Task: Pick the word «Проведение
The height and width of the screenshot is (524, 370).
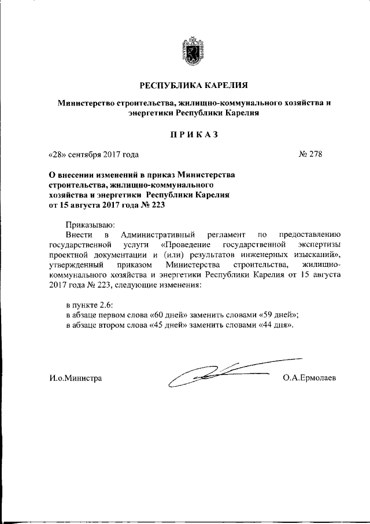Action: pyautogui.click(x=181, y=245)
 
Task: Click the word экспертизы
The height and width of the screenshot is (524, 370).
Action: pyautogui.click(x=321, y=245)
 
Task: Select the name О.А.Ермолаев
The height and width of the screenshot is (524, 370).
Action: pyautogui.click(x=310, y=378)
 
